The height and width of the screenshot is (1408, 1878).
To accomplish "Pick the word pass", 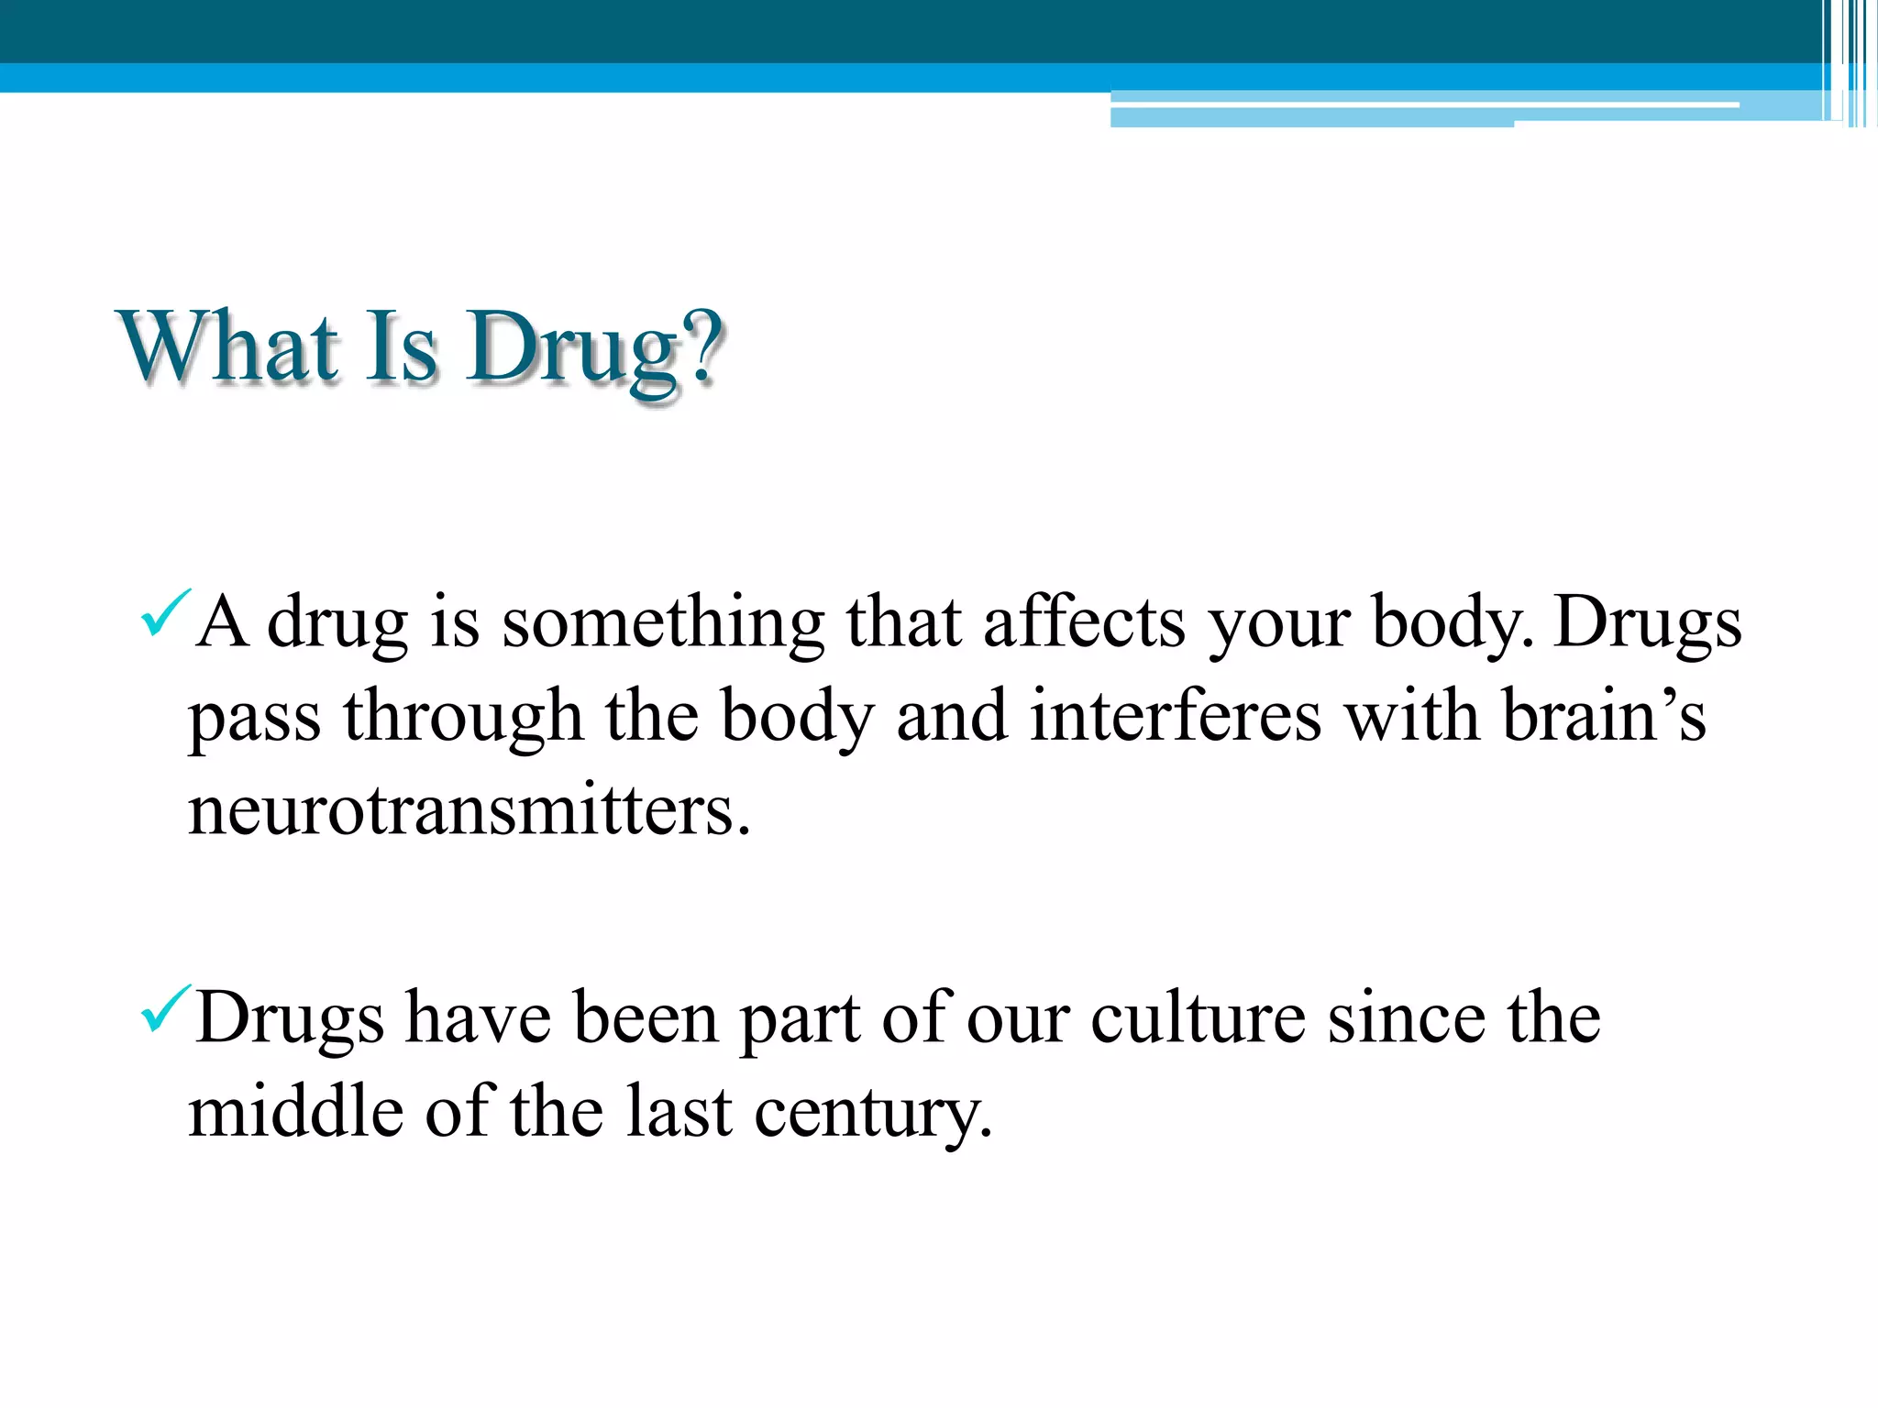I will [255, 720].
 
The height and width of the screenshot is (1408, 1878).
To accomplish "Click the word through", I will [463, 720].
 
